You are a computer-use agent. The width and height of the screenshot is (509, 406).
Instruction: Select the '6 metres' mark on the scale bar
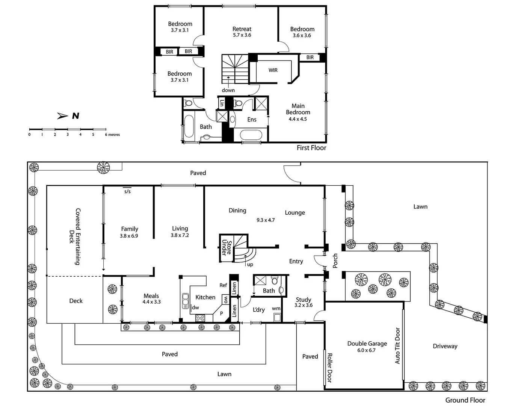112,135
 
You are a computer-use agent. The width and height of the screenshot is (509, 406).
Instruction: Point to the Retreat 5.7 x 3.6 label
242,32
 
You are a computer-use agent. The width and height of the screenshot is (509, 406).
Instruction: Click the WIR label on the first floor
273,70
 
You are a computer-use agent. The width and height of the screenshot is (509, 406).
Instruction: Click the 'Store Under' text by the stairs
226,247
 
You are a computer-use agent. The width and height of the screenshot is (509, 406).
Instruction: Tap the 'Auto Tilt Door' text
397,346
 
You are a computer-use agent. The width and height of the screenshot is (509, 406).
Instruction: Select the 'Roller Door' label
329,368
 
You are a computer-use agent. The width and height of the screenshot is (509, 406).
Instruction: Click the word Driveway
445,346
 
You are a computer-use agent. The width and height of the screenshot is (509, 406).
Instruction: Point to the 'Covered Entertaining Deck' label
75,237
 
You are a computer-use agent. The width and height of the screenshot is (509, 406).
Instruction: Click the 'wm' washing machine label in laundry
276,309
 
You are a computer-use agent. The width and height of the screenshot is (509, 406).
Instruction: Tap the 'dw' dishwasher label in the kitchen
195,308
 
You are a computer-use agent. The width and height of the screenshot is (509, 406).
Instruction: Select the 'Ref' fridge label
223,285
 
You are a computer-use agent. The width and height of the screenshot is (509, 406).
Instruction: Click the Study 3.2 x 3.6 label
304,302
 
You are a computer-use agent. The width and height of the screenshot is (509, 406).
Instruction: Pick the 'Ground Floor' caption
465,400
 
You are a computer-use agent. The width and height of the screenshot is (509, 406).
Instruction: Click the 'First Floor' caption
311,148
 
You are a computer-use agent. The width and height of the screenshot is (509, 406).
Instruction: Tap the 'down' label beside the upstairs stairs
228,90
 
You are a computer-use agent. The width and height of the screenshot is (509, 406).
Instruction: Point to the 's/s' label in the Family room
127,191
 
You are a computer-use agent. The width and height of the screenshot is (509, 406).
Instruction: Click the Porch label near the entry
335,261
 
